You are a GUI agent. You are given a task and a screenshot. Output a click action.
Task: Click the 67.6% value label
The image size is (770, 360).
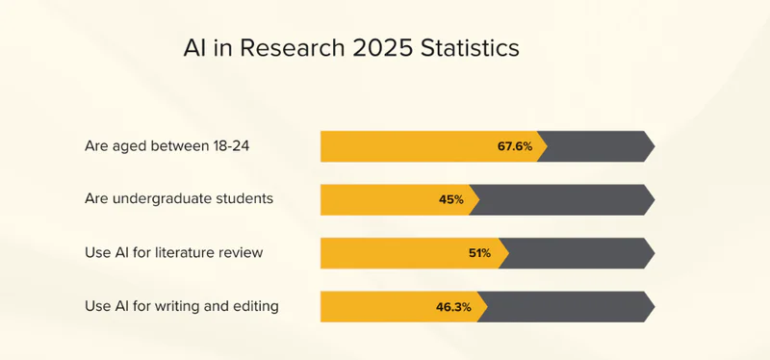pyautogui.click(x=515, y=146)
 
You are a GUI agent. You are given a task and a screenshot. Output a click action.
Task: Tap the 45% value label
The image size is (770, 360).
pyautogui.click(x=450, y=200)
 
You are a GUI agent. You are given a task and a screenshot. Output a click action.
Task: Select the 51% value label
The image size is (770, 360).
pyautogui.click(x=479, y=253)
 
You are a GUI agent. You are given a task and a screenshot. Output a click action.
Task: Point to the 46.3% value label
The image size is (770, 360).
pyautogui.click(x=453, y=307)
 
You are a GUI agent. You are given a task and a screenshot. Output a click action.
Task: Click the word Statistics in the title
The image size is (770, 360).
pyautogui.click(x=470, y=48)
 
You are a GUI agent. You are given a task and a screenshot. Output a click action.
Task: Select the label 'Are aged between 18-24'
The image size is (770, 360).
pyautogui.click(x=167, y=146)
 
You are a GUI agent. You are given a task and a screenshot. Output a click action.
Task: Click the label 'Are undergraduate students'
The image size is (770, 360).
pyautogui.click(x=179, y=199)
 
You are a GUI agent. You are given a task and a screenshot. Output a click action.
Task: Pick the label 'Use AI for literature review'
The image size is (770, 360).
pyautogui.click(x=174, y=252)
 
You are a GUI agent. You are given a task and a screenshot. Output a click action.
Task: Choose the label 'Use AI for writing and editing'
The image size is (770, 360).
pyautogui.click(x=182, y=306)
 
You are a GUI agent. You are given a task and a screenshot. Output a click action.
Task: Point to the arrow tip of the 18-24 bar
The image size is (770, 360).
pyautogui.click(x=654, y=146)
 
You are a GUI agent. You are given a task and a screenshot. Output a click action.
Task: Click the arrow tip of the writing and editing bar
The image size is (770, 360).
pyautogui.click(x=654, y=307)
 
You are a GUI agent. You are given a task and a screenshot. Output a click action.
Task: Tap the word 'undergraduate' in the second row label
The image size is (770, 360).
pyautogui.click(x=162, y=199)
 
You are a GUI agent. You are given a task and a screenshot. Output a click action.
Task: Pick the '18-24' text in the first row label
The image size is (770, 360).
pyautogui.click(x=231, y=146)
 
